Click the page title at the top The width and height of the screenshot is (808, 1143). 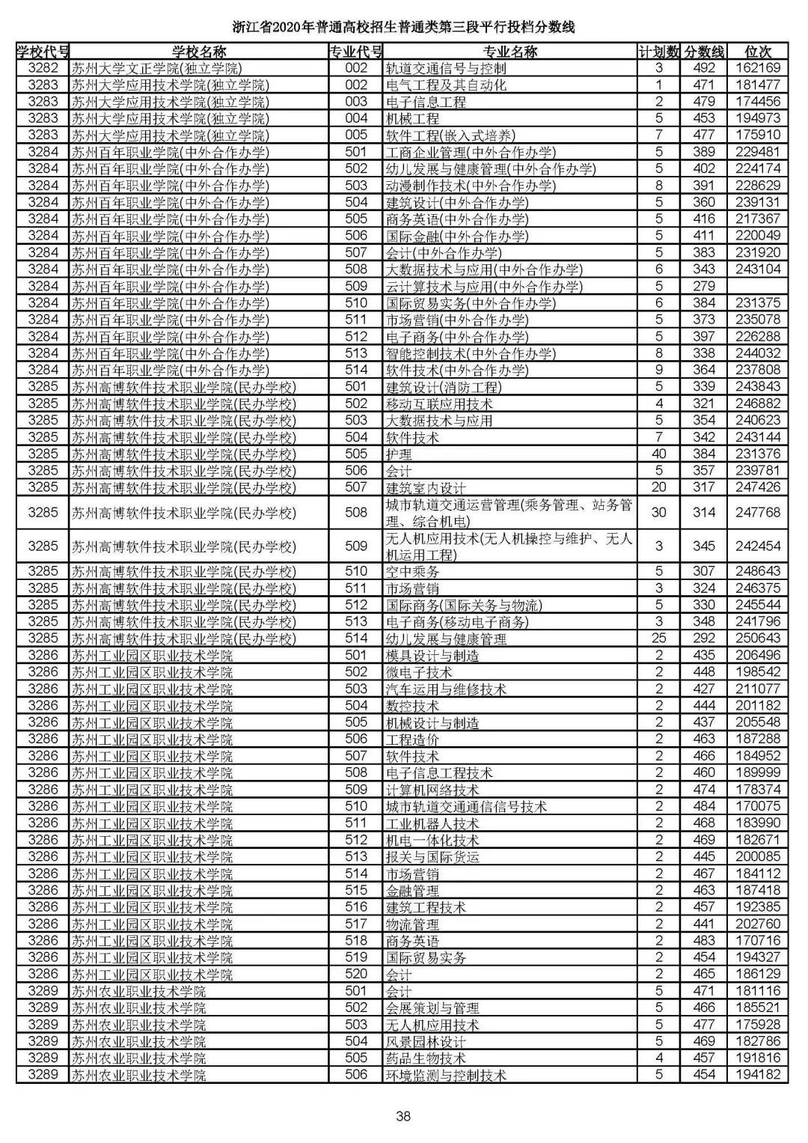(403, 28)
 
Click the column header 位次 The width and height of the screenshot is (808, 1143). (758, 52)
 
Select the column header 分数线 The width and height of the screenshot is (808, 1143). (704, 52)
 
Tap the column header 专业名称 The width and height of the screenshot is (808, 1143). (509, 52)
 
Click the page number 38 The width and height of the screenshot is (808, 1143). (403, 1116)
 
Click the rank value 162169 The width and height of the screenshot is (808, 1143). (758, 68)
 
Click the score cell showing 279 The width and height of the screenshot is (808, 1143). (704, 286)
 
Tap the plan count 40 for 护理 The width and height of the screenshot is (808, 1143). (659, 454)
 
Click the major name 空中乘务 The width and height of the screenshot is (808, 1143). (412, 571)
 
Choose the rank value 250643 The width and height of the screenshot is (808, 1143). (758, 638)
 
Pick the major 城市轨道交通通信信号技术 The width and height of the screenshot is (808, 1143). (466, 806)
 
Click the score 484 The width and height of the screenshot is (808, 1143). (704, 806)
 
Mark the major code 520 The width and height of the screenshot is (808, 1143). (357, 974)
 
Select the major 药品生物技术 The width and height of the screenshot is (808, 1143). (426, 1058)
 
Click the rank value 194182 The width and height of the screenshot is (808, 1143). (758, 1075)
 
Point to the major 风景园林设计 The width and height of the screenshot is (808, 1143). (426, 1041)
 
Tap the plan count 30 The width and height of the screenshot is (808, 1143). (659, 513)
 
